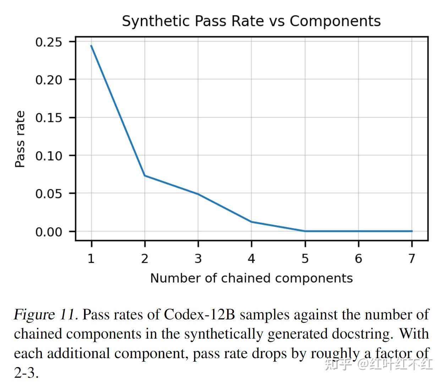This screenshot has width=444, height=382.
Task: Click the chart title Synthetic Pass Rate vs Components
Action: click(x=251, y=21)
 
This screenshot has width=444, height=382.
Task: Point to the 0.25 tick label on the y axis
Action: click(x=49, y=42)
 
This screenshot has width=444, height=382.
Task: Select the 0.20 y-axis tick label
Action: click(x=49, y=80)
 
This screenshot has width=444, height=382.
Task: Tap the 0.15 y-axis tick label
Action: click(x=49, y=118)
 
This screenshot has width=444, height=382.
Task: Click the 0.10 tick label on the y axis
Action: click(x=49, y=156)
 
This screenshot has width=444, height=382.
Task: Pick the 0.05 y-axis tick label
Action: click(x=49, y=194)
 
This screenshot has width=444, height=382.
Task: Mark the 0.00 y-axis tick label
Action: click(x=49, y=232)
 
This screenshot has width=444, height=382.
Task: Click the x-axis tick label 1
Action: click(x=91, y=259)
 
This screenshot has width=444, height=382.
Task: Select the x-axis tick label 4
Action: click(x=251, y=259)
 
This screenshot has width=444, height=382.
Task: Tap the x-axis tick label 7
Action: click(x=412, y=259)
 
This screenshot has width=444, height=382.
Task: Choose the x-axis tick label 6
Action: click(x=358, y=259)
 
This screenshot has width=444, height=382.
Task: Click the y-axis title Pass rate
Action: click(x=20, y=139)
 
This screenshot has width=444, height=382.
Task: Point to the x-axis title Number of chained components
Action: click(x=251, y=278)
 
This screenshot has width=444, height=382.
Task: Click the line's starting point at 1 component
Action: click(x=91, y=46)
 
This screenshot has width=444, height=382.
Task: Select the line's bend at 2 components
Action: click(x=144, y=175)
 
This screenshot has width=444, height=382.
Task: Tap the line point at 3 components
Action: click(x=198, y=194)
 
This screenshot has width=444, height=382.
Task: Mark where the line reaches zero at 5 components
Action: click(x=305, y=231)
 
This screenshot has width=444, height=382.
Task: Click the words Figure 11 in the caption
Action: click(x=45, y=315)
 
